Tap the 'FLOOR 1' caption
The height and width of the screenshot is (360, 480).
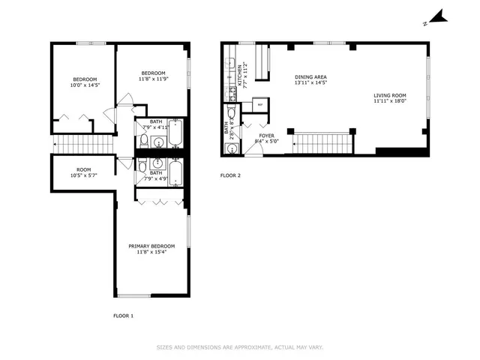click(x=123, y=316)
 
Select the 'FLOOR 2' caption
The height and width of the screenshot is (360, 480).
click(x=230, y=175)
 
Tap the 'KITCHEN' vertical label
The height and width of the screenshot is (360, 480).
click(x=240, y=76)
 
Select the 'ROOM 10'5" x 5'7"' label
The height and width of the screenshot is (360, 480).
click(x=83, y=172)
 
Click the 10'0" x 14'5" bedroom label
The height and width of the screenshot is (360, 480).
click(x=84, y=82)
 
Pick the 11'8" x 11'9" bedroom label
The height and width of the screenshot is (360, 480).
click(x=153, y=76)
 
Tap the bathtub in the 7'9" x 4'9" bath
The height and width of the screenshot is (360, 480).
click(x=175, y=173)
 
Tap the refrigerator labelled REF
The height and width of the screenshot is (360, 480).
click(x=259, y=105)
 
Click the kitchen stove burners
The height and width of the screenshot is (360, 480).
click(x=229, y=94)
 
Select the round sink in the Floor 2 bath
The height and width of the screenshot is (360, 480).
click(x=232, y=148)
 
